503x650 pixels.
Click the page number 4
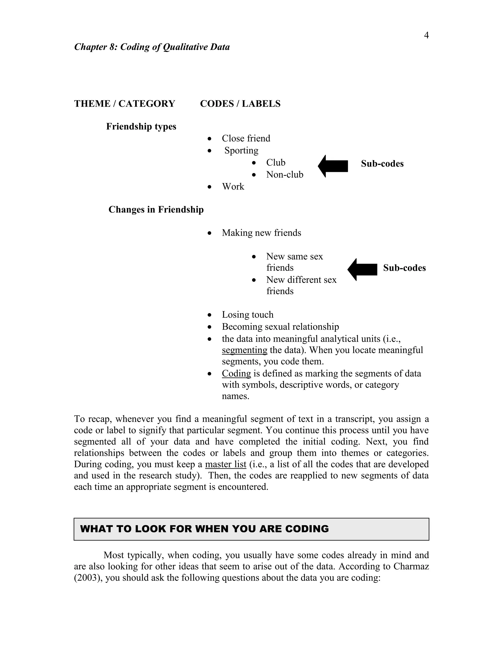pyautogui.click(x=426, y=35)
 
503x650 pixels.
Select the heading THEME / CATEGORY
pyautogui.click(x=125, y=104)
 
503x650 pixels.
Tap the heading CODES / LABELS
pyautogui.click(x=240, y=104)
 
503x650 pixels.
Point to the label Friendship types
pyautogui.click(x=141, y=127)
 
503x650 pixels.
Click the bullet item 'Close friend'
pyautogui.click(x=246, y=138)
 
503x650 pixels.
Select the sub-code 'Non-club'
pyautogui.click(x=285, y=174)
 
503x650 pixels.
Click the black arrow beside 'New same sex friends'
pyautogui.click(x=362, y=269)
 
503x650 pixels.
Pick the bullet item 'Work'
pyautogui.click(x=233, y=187)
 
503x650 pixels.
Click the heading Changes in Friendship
pyautogui.click(x=156, y=209)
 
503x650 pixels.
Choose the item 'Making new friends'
pyautogui.click(x=261, y=233)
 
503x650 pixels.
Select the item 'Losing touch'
pyautogui.click(x=247, y=315)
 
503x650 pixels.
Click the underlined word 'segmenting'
pyautogui.click(x=244, y=350)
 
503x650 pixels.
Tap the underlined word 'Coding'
pyautogui.click(x=236, y=374)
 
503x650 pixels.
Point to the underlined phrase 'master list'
pyautogui.click(x=225, y=464)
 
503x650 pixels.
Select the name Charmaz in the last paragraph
pyautogui.click(x=411, y=566)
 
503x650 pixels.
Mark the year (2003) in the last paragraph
pyautogui.click(x=88, y=578)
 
